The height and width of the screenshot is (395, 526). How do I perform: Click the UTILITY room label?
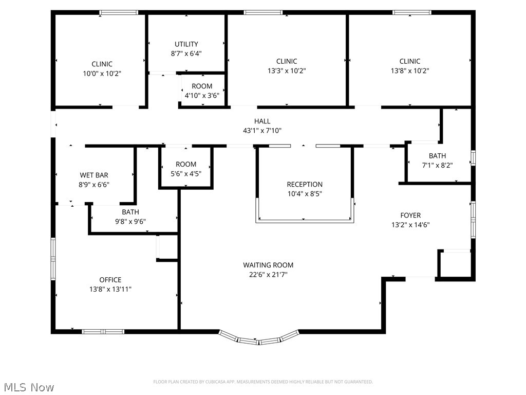pos(186,44)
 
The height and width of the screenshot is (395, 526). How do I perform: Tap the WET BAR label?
pos(94,175)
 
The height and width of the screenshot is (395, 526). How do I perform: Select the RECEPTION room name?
pos(305,184)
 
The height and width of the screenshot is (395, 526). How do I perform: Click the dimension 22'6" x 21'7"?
pos(268,275)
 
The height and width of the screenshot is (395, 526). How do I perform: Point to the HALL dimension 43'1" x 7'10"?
pos(262,131)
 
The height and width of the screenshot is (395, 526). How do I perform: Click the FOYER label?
pos(410,216)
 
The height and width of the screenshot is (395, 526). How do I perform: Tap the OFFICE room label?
pos(110,280)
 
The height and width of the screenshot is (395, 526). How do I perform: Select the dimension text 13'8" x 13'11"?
pos(110,289)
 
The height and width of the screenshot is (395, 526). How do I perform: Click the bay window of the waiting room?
pos(259,339)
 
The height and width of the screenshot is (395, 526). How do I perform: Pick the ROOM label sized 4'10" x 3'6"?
pos(202,86)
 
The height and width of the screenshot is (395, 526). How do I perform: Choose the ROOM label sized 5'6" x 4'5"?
pos(186,165)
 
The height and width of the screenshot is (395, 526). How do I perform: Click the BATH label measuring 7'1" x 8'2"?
pos(437,156)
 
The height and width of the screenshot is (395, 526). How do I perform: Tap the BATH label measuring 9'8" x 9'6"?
pos(130,212)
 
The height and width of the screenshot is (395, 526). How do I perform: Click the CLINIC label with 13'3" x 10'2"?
pos(287,61)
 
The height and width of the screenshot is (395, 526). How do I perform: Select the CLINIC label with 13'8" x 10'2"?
pos(410,61)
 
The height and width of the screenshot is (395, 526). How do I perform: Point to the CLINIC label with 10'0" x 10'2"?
pos(102,64)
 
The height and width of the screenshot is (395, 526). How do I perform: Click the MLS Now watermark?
pos(28,387)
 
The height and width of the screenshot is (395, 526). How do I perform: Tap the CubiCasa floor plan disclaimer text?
pos(263,382)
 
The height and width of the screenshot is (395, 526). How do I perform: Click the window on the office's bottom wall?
pos(103,332)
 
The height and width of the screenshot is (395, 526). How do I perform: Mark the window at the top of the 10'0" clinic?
pos(119,12)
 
